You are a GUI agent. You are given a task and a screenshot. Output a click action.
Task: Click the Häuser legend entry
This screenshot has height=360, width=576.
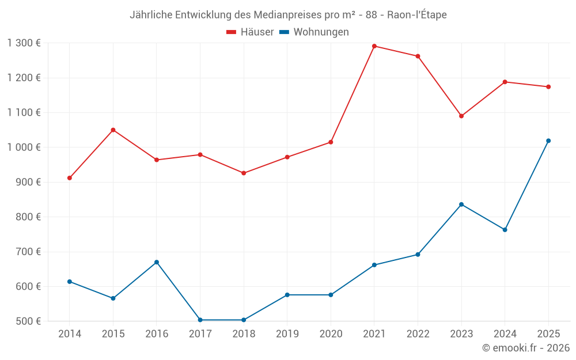250,32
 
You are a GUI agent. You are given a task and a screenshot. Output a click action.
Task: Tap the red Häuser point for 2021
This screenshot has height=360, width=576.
374,46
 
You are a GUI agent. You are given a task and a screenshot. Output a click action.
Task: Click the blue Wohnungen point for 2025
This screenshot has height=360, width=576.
548,141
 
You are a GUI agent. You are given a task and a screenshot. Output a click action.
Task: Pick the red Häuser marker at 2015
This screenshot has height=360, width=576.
113,130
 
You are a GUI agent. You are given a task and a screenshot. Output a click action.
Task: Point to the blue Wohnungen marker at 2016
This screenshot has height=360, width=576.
157,262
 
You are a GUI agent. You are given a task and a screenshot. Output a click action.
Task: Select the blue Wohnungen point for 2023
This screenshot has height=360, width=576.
461,204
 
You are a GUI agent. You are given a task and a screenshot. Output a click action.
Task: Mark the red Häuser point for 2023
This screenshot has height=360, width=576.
461,116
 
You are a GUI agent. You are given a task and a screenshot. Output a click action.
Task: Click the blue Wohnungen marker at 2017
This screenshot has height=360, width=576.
200,320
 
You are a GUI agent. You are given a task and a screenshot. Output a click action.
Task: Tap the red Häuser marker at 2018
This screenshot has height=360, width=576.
244,173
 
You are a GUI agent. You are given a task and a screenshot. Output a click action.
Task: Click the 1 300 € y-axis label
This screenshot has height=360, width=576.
24,43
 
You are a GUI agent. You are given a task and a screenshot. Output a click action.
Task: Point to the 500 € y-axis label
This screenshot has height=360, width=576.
29,321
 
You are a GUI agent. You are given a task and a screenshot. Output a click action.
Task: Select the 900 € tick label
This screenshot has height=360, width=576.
29,182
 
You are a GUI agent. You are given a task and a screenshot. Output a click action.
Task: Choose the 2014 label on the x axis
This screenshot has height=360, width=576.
70,334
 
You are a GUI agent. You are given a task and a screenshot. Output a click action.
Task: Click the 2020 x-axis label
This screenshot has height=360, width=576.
331,334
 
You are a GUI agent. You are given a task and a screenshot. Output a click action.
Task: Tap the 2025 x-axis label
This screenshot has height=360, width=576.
548,334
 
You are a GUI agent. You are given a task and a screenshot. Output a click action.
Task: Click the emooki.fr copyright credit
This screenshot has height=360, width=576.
526,348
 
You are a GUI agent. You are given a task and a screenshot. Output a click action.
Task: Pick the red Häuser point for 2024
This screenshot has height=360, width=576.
505,82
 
